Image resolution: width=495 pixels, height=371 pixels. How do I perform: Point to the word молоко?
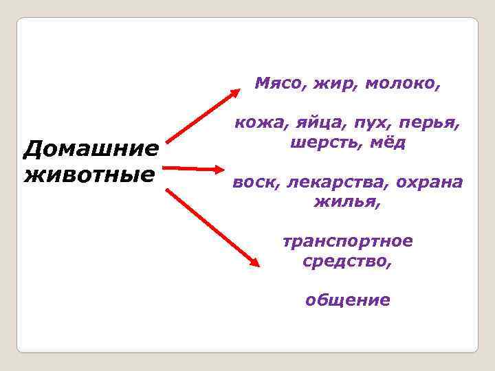point(402,84)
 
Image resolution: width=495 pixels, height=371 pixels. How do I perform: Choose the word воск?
point(253,183)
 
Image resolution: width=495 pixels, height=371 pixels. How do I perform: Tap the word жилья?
point(346,203)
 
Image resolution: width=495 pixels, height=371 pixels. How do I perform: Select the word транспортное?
point(347,242)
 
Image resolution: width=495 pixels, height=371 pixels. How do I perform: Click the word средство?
point(347,261)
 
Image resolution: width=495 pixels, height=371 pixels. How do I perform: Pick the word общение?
point(347,300)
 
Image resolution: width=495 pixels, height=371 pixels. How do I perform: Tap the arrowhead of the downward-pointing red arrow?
point(254,262)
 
